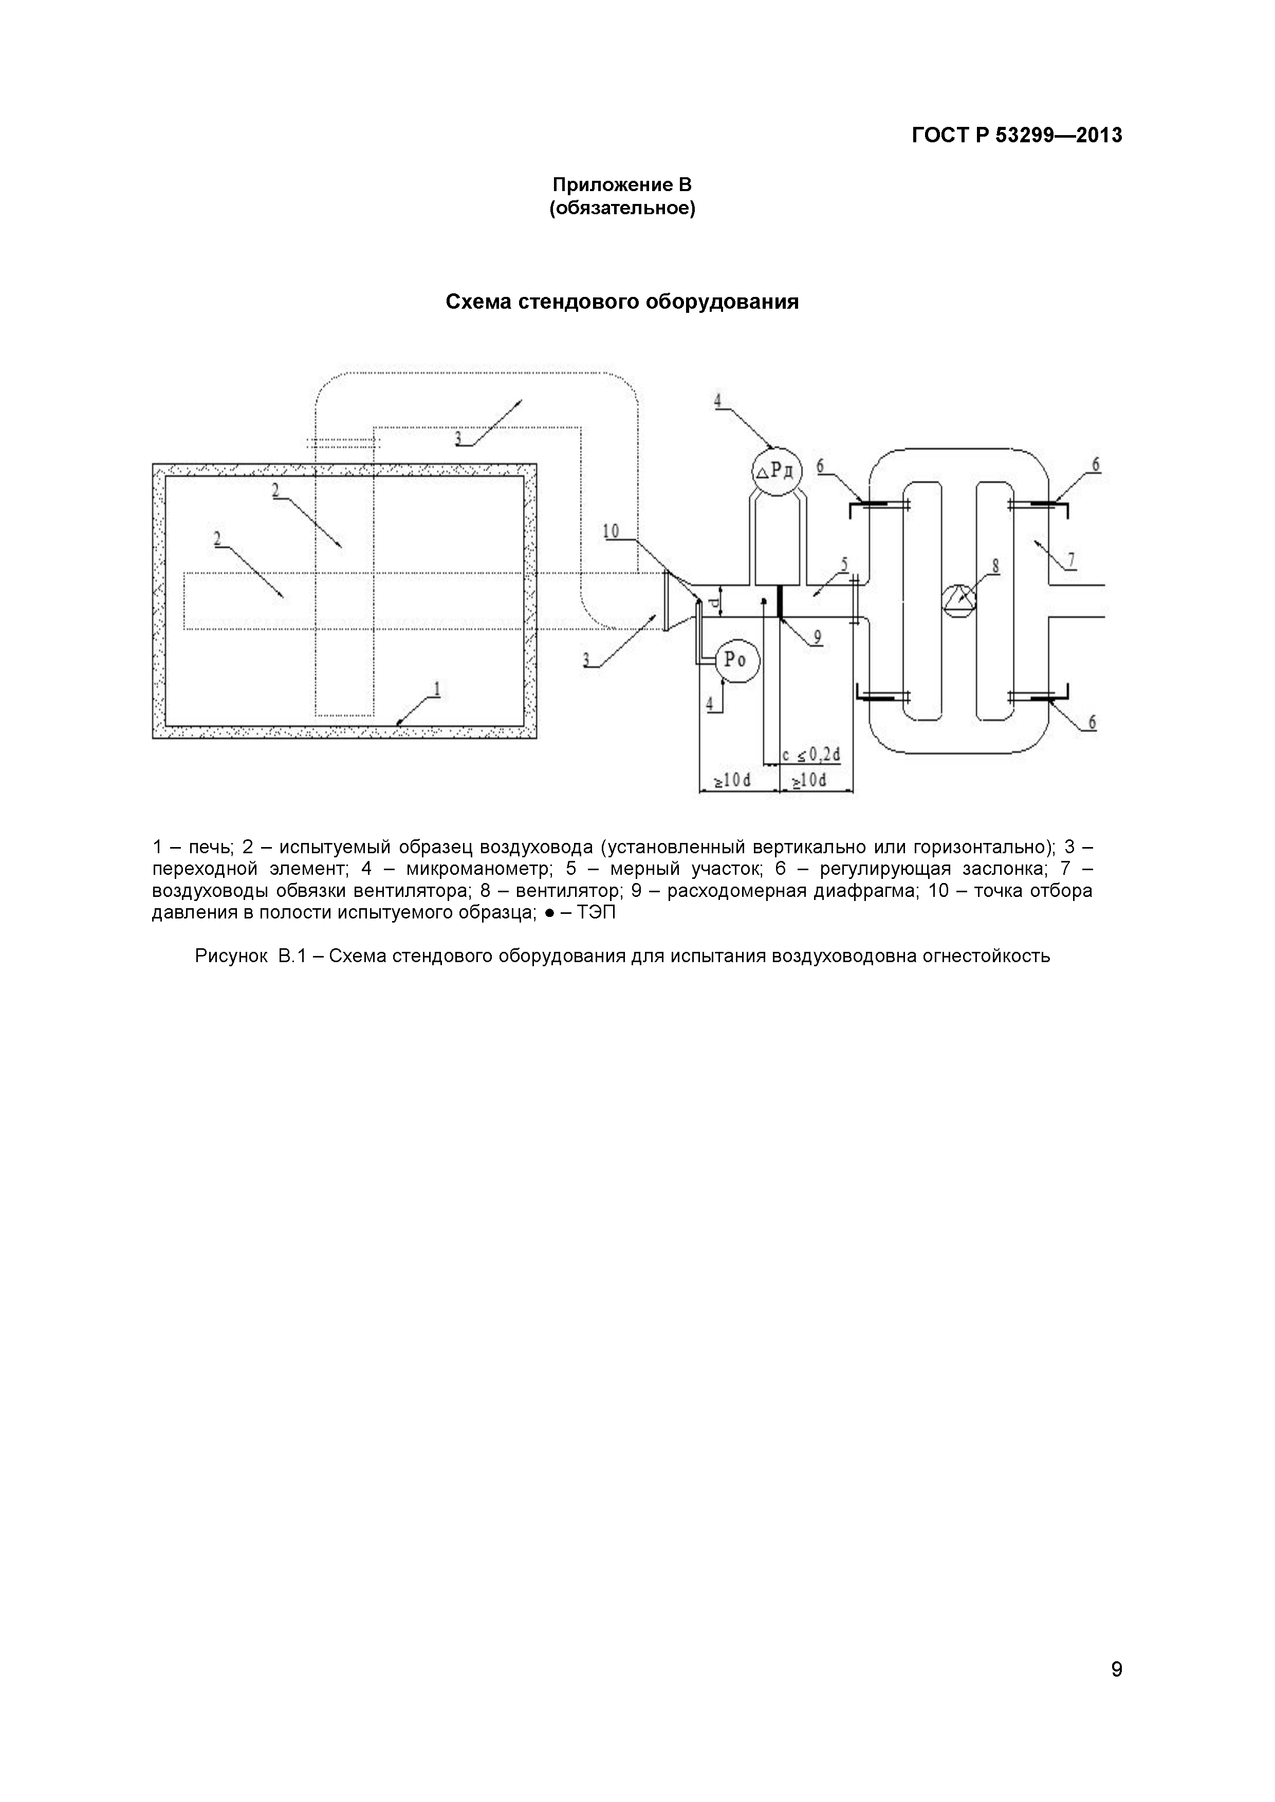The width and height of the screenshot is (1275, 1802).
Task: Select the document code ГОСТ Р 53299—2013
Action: tap(1017, 136)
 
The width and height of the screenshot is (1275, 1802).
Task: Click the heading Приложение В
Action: tap(622, 185)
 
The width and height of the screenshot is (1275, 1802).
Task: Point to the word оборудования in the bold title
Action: tap(722, 302)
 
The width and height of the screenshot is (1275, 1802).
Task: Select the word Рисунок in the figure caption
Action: tap(231, 956)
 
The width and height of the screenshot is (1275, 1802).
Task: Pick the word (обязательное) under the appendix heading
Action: tap(622, 209)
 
